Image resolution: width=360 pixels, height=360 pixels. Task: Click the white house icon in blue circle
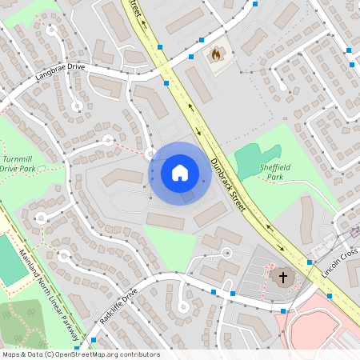pos(180,173)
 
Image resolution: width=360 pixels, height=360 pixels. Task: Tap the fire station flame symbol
pos(214,54)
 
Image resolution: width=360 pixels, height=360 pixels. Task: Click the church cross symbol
pos(282,277)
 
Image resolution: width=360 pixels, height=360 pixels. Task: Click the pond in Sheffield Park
pos(256,156)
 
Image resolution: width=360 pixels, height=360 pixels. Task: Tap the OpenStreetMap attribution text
pos(81,354)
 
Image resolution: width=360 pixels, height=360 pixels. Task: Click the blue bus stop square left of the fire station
pos(191,57)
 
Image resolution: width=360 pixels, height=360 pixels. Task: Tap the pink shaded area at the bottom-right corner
pos(320,328)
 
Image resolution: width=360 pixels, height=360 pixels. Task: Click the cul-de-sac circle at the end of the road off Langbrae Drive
pos(77,106)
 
